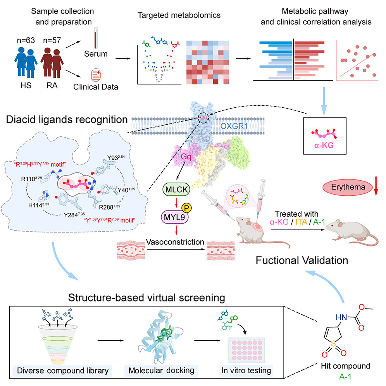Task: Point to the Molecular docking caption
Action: [x=162, y=370]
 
